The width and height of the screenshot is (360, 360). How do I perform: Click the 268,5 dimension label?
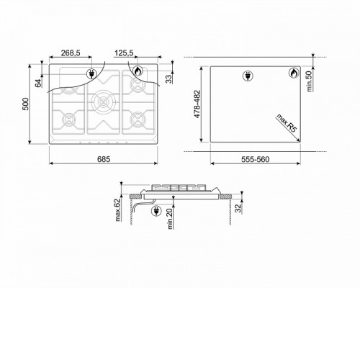coord(71,53)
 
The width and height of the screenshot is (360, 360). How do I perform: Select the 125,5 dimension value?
coord(124,53)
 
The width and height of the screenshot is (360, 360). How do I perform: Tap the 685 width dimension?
coord(104,159)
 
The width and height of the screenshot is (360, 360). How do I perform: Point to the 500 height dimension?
coord(25,104)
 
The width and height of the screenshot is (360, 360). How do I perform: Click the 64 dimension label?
coord(38,84)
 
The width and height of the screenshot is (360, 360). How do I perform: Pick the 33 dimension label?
coord(169,79)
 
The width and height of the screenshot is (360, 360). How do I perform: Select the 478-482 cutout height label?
coord(197,104)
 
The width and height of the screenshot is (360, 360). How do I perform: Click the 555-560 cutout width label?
coord(256,159)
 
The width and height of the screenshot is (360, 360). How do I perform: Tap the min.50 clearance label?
coord(310,81)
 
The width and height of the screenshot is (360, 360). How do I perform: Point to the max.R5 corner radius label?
coord(287,123)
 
